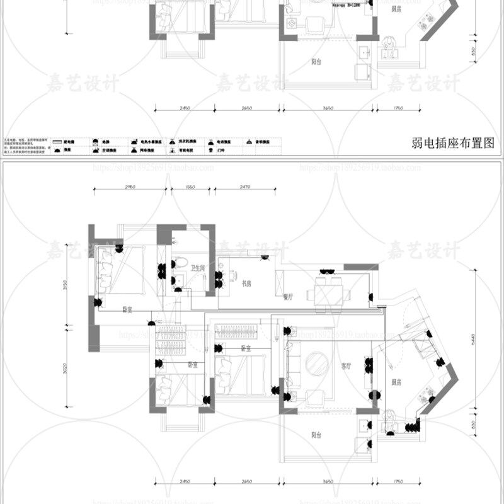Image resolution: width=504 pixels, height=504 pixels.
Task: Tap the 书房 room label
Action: click(246, 283)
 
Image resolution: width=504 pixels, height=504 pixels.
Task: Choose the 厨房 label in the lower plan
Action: click(395, 382)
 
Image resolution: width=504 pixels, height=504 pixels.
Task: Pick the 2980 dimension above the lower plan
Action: click(130, 188)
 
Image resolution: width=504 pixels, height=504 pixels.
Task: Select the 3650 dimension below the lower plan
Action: click(328, 482)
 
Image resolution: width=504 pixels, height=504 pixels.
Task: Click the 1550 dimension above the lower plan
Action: click(190, 188)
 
